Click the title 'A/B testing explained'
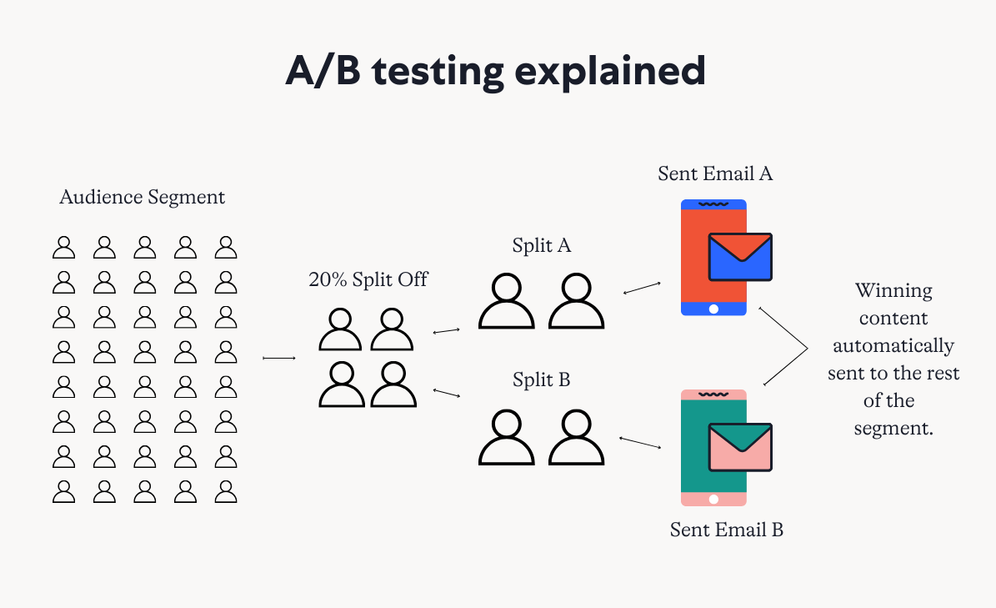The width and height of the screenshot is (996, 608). pos(495,71)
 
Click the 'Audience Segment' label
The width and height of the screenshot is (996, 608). pos(143,198)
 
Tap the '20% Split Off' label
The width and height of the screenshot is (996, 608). pos(368,279)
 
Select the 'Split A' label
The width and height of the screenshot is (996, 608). pos(541,246)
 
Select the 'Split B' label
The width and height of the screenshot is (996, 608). pos(541,379)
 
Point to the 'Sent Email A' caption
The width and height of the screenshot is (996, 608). pos(715,173)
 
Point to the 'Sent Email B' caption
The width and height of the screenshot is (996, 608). pos(727,530)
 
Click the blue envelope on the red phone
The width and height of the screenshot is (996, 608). pos(740,257)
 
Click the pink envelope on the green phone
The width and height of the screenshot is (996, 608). pos(740,447)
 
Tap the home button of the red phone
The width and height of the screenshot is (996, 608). pos(713,309)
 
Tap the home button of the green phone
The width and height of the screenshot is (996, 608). pos(713,500)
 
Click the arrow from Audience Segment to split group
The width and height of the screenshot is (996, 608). pos(279,359)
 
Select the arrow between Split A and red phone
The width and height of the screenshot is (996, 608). pos(642,289)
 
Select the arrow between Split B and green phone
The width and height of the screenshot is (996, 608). pos(639,442)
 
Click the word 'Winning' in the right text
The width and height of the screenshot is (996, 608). pos(893,291)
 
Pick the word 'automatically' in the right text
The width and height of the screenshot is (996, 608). pos(893,346)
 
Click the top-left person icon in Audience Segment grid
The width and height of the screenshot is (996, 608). pos(63,247)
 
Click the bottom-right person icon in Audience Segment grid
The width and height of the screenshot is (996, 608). pos(226,492)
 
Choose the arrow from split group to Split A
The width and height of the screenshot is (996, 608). pos(447,330)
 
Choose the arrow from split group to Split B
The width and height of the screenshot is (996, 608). pos(447,394)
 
